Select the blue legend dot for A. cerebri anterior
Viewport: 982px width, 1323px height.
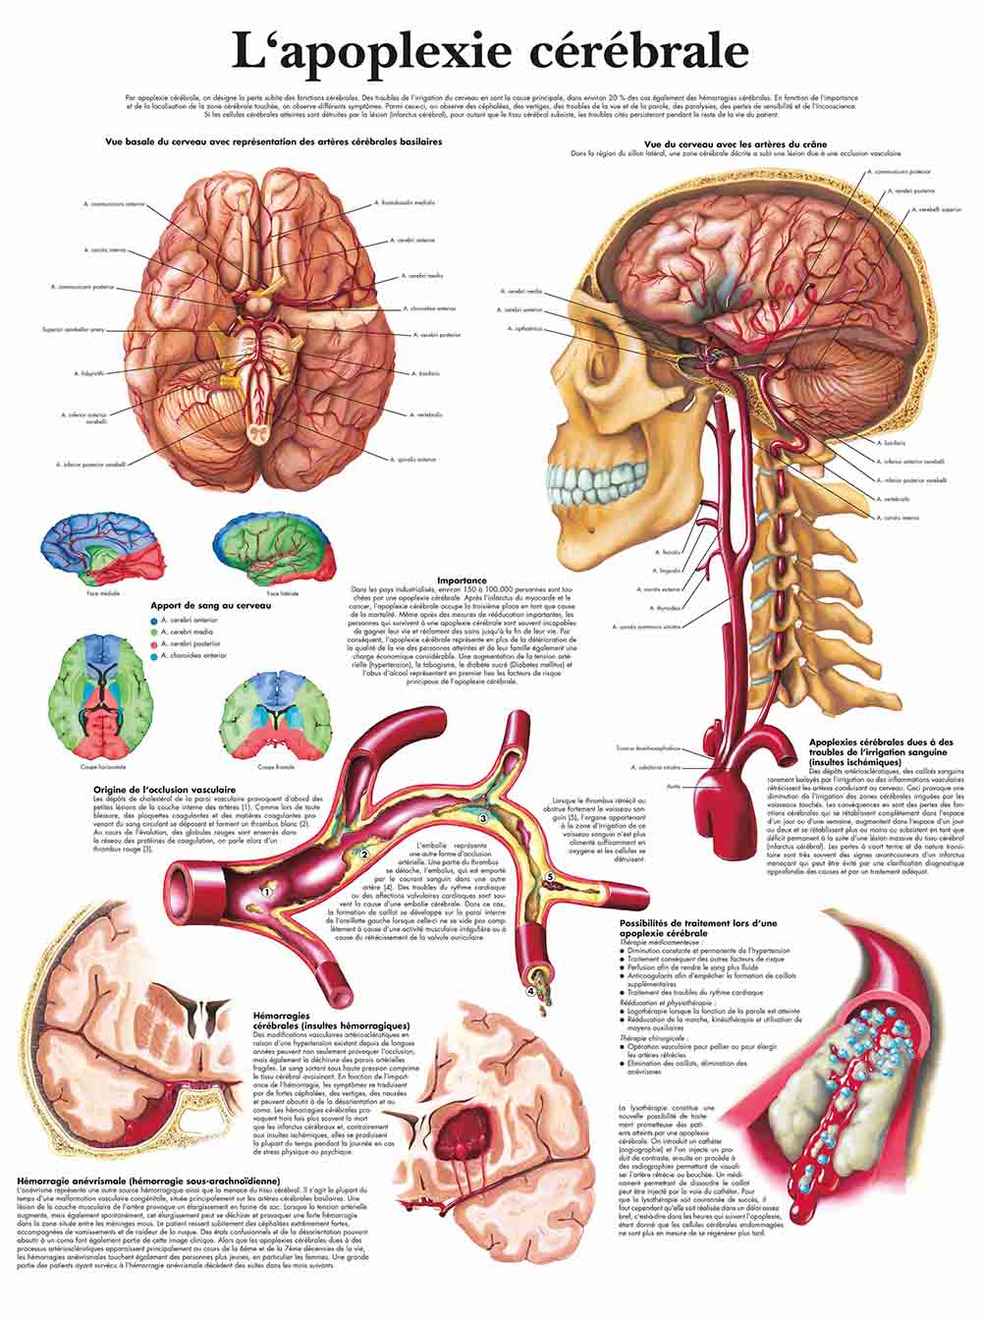point(153,622)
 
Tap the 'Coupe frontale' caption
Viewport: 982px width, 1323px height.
point(272,766)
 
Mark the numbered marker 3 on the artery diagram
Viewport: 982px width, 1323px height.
point(482,817)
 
